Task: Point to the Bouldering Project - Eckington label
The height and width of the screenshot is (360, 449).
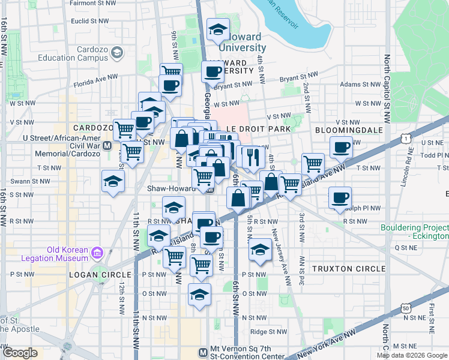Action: [415, 232]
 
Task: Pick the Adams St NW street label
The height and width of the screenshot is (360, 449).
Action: [357, 85]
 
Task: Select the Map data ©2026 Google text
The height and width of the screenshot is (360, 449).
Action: [412, 355]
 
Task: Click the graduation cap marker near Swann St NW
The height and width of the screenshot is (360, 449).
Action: [113, 181]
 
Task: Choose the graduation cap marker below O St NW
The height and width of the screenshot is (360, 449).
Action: [200, 294]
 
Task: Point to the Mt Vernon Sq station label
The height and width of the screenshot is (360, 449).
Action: [243, 352]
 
